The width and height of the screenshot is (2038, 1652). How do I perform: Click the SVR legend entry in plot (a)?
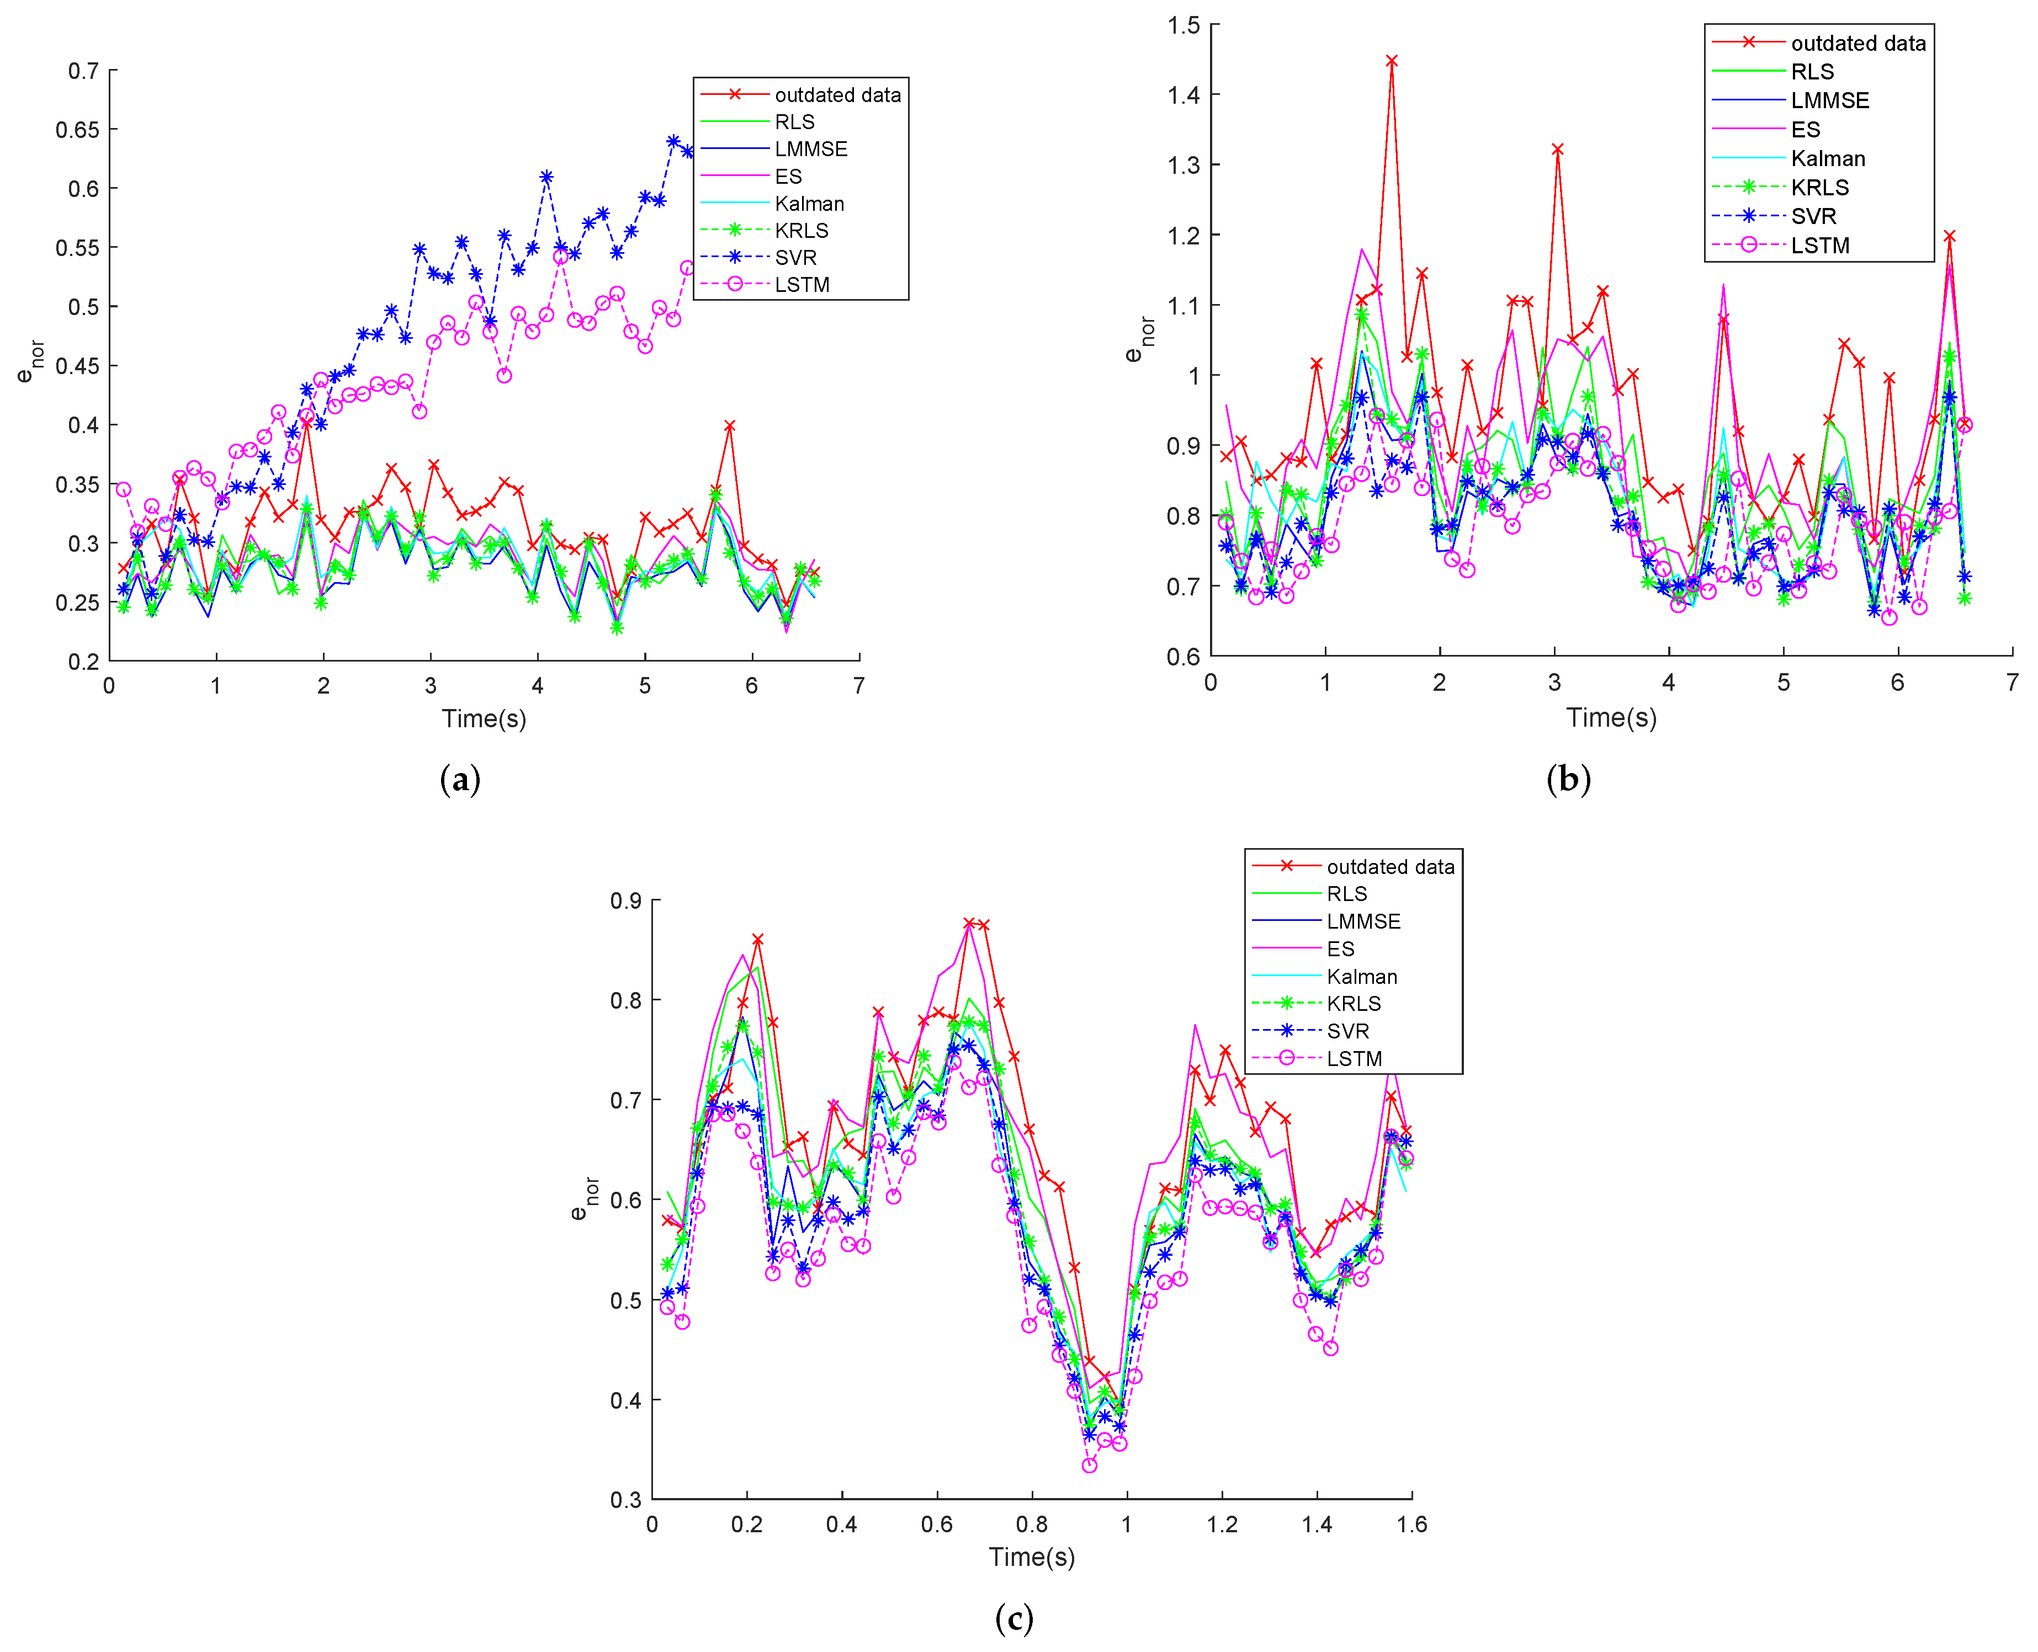pos(795,258)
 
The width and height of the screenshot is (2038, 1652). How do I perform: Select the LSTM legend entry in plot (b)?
pos(1819,246)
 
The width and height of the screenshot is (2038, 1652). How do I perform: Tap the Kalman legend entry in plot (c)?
pos(1361,976)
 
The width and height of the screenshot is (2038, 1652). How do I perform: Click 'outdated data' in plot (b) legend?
pos(1857,44)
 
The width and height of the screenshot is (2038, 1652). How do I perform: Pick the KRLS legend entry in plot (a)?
pos(800,230)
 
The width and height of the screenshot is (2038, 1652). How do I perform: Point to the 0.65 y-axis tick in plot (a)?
pos(77,130)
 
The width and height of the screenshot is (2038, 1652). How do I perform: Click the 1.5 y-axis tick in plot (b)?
pos(1184,25)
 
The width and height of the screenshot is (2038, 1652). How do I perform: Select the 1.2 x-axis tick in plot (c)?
pos(1222,1525)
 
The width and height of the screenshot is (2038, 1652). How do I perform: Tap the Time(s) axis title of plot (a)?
pos(484,718)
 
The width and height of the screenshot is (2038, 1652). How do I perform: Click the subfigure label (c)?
pos(1014,1618)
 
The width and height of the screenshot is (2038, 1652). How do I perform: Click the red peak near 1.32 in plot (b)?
pos(1557,150)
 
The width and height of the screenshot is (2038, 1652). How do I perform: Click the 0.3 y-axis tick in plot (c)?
pos(625,1500)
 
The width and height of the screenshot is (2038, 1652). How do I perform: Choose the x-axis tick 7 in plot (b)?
pos(2012,683)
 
